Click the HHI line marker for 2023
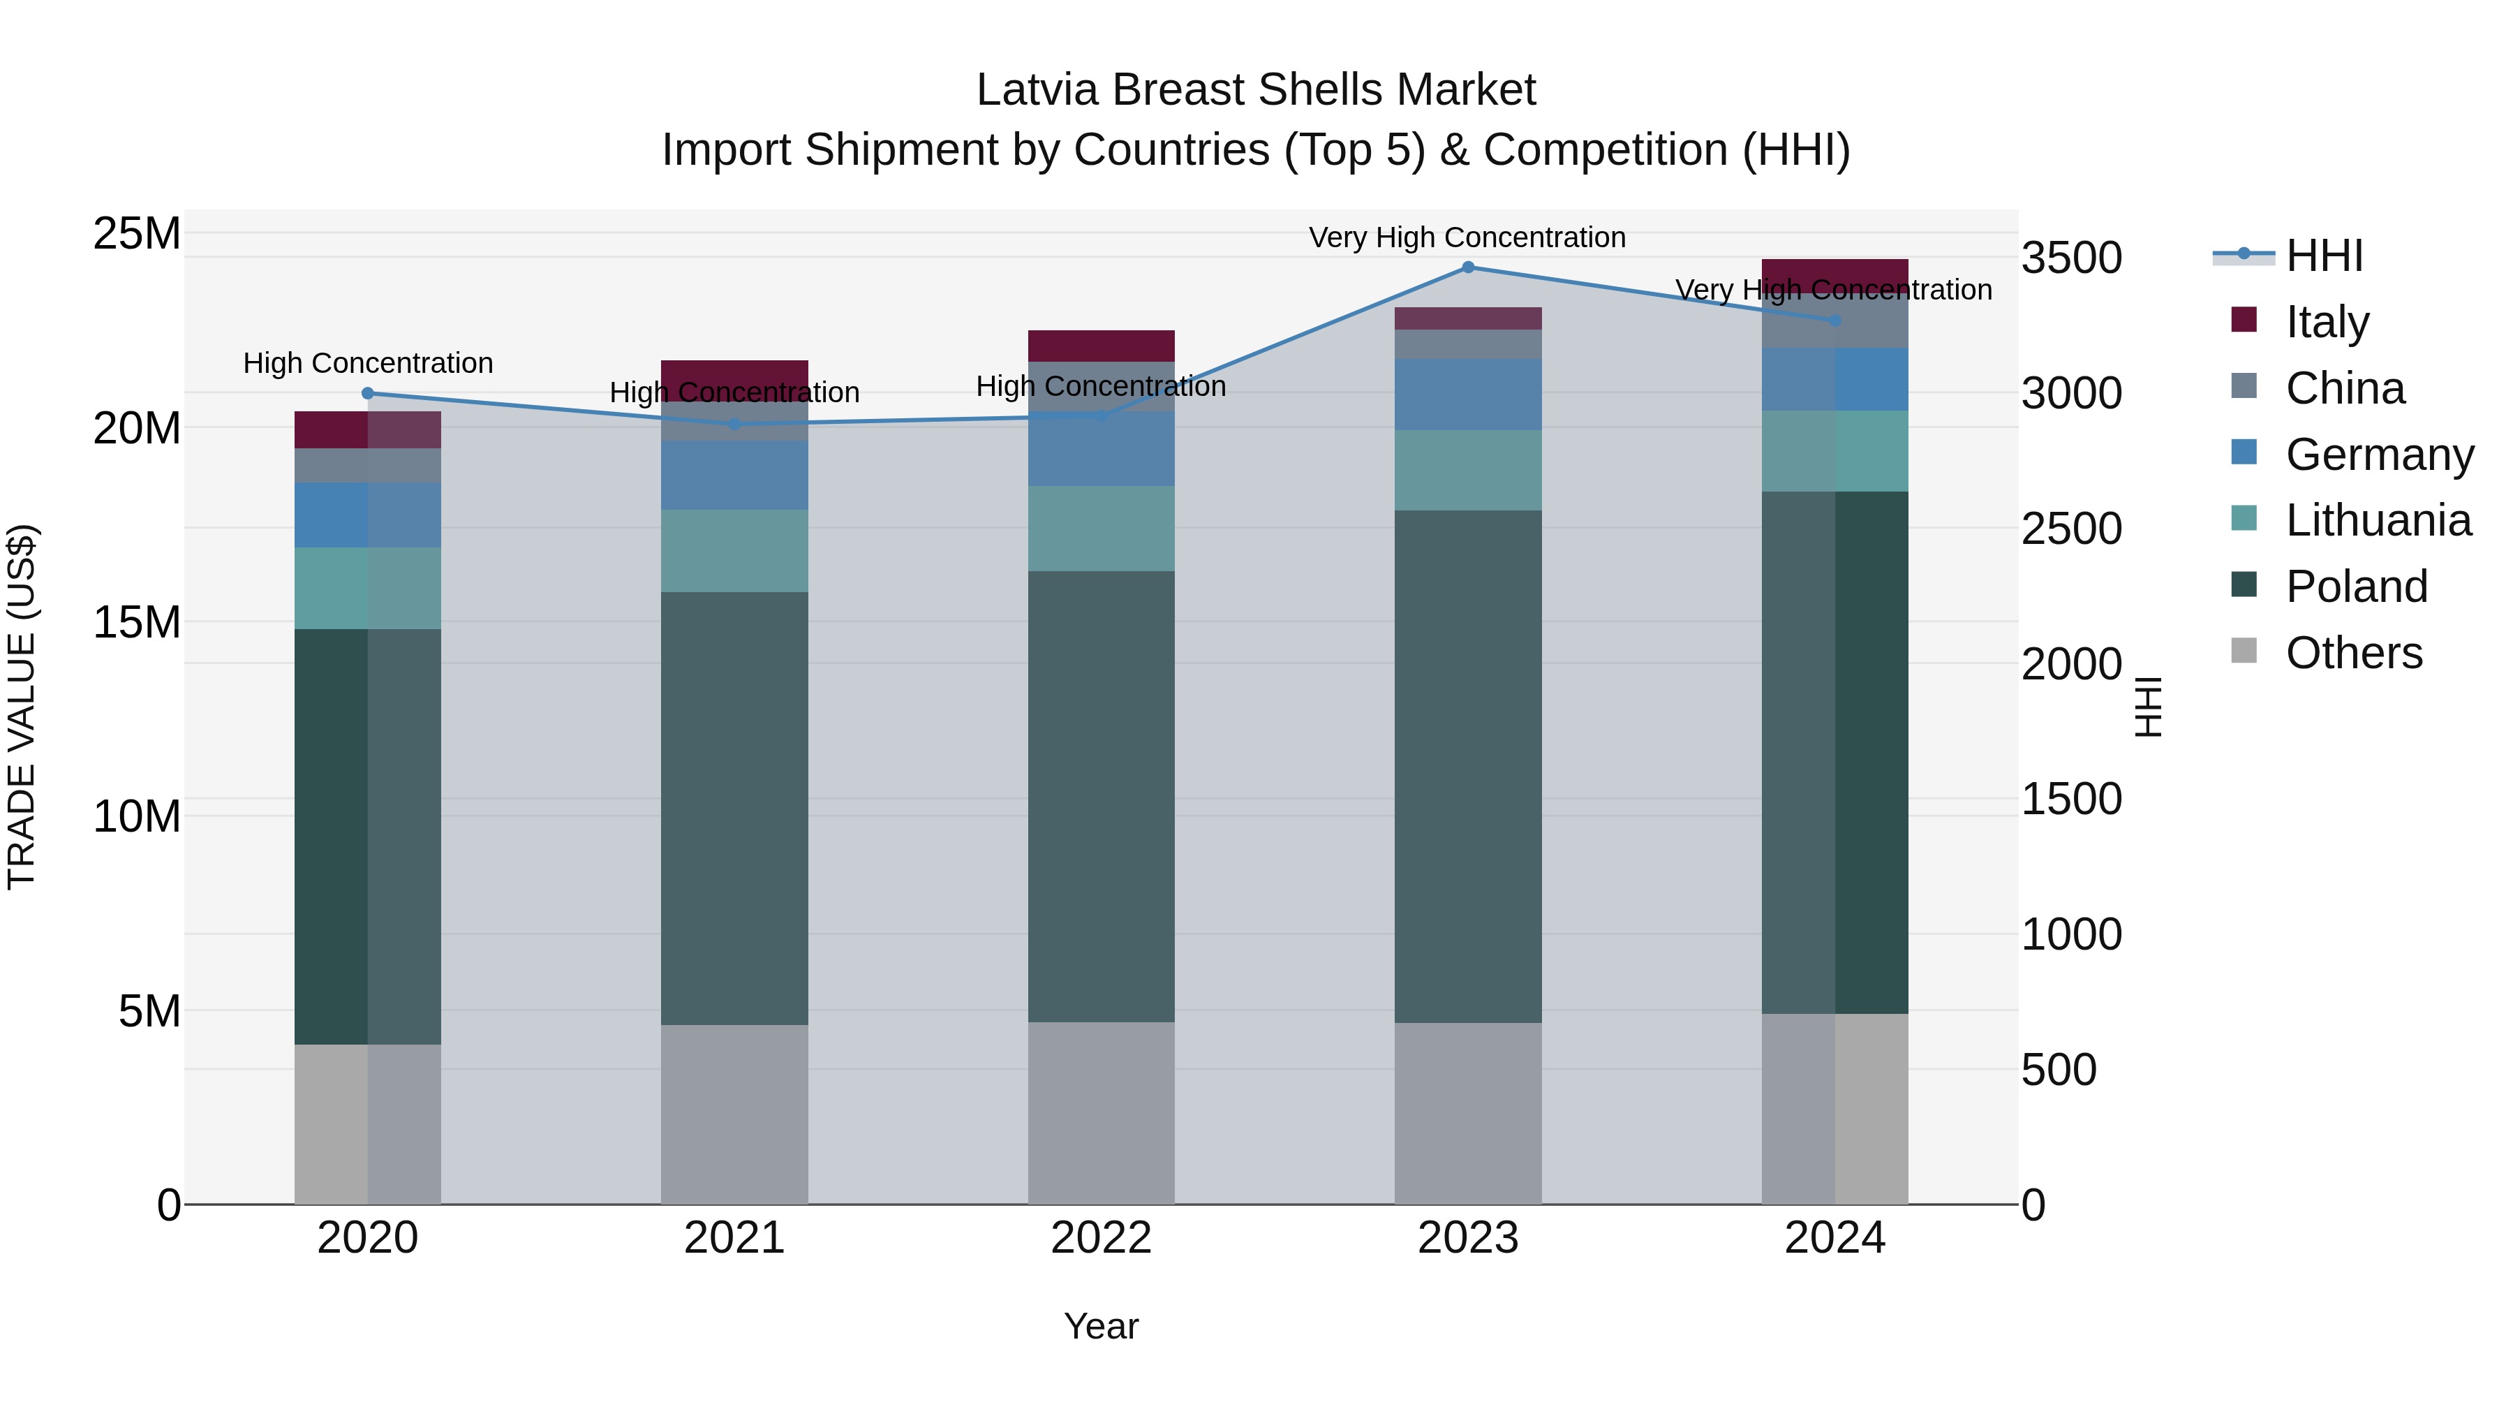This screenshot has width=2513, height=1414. pyautogui.click(x=1467, y=267)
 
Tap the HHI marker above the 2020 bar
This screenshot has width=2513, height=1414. pyautogui.click(x=368, y=393)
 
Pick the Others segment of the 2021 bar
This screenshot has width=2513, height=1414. pyautogui.click(x=734, y=1114)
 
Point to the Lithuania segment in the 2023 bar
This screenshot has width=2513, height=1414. pyautogui.click(x=1467, y=471)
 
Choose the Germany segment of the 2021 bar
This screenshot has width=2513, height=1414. pyautogui.click(x=734, y=476)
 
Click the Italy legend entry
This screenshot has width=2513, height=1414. pyautogui.click(x=2327, y=322)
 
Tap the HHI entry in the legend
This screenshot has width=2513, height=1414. pyautogui.click(x=2324, y=256)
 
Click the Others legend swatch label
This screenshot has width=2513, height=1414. pyautogui.click(x=2353, y=653)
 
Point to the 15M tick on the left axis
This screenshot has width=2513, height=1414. pyautogui.click(x=137, y=621)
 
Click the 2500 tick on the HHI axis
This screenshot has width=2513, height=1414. pyautogui.click(x=2071, y=529)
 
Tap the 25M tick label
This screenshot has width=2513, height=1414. pyautogui.click(x=137, y=234)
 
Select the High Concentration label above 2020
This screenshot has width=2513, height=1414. pyautogui.click(x=368, y=363)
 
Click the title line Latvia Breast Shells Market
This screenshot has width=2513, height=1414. pyautogui.click(x=1256, y=90)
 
